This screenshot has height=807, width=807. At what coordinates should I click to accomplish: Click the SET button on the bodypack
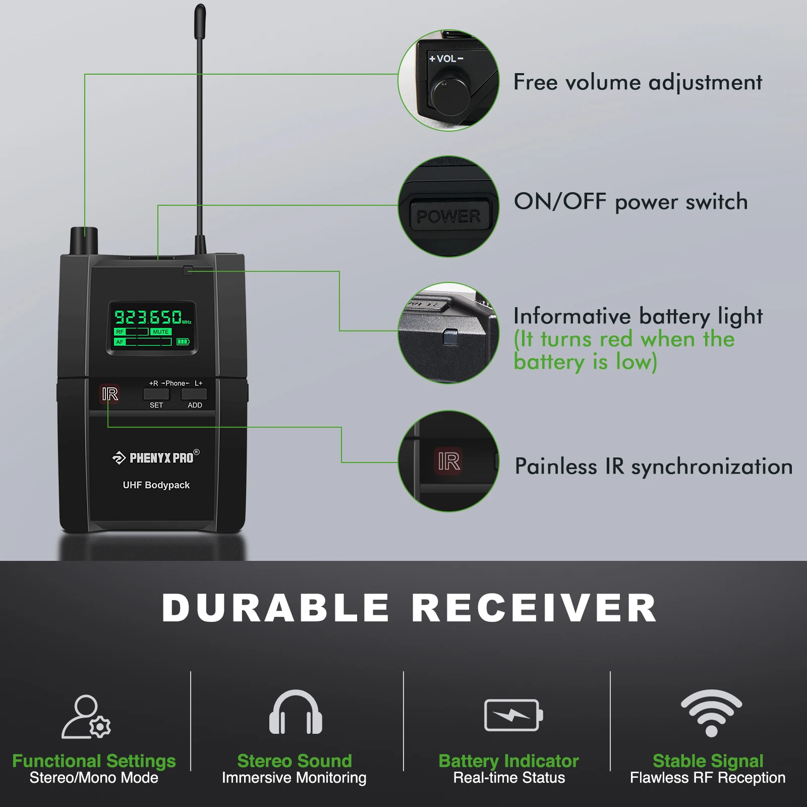156,394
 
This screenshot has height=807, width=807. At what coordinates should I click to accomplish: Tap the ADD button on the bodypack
194,394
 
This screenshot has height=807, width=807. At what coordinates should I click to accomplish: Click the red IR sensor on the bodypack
110,394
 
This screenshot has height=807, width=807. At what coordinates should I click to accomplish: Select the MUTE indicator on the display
161,332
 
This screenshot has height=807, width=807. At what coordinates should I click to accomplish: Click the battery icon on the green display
183,342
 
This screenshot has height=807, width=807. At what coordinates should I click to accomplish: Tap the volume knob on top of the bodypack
84,240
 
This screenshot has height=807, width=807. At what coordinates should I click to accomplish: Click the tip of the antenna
200,10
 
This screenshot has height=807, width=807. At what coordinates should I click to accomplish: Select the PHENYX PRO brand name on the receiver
161,458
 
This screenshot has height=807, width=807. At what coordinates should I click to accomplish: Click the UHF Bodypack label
156,485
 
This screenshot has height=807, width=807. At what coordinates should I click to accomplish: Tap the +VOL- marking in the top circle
446,59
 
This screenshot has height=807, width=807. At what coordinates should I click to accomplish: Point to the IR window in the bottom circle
448,461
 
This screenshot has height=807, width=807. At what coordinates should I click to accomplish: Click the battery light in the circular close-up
449,336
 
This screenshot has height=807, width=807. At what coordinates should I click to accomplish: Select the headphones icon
296,712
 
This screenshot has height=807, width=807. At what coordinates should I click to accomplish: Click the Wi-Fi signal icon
711,712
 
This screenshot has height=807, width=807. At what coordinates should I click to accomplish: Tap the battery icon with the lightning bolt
513,715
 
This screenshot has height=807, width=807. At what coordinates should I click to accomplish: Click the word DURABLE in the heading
275,608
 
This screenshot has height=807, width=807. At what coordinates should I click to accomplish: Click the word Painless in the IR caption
555,467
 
